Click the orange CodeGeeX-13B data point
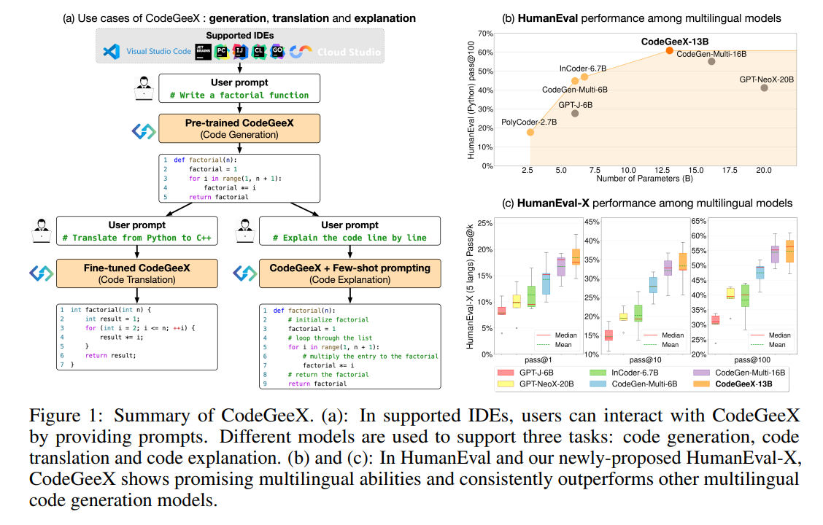(x=669, y=50)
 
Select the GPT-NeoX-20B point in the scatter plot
(x=764, y=87)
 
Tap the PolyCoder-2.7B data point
(x=530, y=132)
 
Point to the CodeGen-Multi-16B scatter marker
(x=711, y=61)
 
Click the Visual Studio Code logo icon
(x=111, y=52)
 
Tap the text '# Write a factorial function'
(x=239, y=95)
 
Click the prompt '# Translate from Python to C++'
(x=138, y=238)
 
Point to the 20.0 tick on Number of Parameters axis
(x=764, y=170)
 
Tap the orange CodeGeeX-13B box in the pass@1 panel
(x=576, y=257)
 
